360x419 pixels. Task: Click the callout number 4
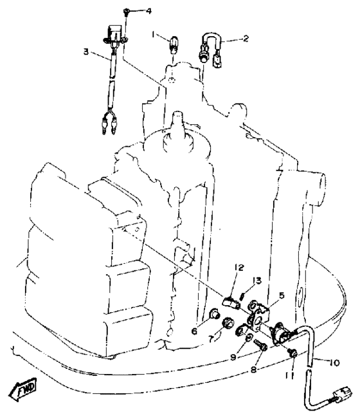coord(148,11)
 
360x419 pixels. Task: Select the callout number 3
coord(86,51)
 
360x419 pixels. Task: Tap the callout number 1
coord(153,35)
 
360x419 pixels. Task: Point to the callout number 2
coord(246,38)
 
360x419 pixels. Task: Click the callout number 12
coord(239,268)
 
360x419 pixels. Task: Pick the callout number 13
coord(257,281)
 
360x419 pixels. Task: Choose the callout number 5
coord(282,295)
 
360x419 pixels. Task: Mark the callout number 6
coord(194,331)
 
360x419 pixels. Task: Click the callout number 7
coord(211,339)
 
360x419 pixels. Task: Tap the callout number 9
coord(233,357)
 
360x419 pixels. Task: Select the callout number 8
coord(253,369)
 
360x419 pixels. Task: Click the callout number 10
coord(334,362)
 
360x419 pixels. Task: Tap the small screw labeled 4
coord(126,12)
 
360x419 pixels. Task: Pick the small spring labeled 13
coord(243,296)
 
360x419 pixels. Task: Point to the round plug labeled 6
coord(214,313)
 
